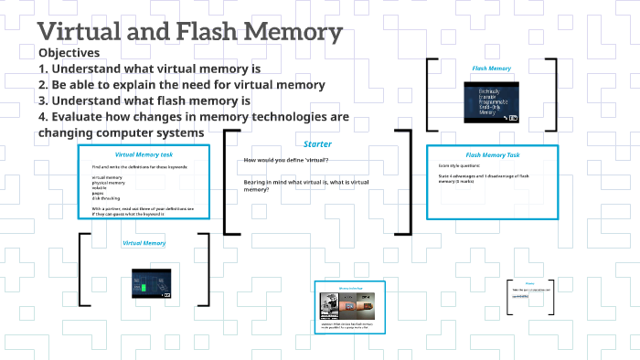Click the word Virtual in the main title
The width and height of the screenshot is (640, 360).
point(83,33)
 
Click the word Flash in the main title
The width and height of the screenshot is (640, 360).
point(220,33)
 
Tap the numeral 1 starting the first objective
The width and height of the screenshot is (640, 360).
point(43,69)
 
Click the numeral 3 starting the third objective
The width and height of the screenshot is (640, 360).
point(43,101)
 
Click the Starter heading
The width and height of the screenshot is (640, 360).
point(316,143)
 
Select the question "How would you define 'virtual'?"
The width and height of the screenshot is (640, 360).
point(286,161)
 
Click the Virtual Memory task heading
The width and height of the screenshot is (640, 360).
point(144,155)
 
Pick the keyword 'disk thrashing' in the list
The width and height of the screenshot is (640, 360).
point(108,198)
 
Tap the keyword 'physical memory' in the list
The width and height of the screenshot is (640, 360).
point(109,182)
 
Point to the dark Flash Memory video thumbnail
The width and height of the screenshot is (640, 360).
point(491,103)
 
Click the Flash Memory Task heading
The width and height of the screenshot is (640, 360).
point(492,155)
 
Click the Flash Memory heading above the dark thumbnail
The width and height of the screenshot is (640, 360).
point(491,69)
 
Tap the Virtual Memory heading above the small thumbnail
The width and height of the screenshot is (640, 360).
point(144,243)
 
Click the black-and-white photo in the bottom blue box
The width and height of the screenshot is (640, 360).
point(330,305)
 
